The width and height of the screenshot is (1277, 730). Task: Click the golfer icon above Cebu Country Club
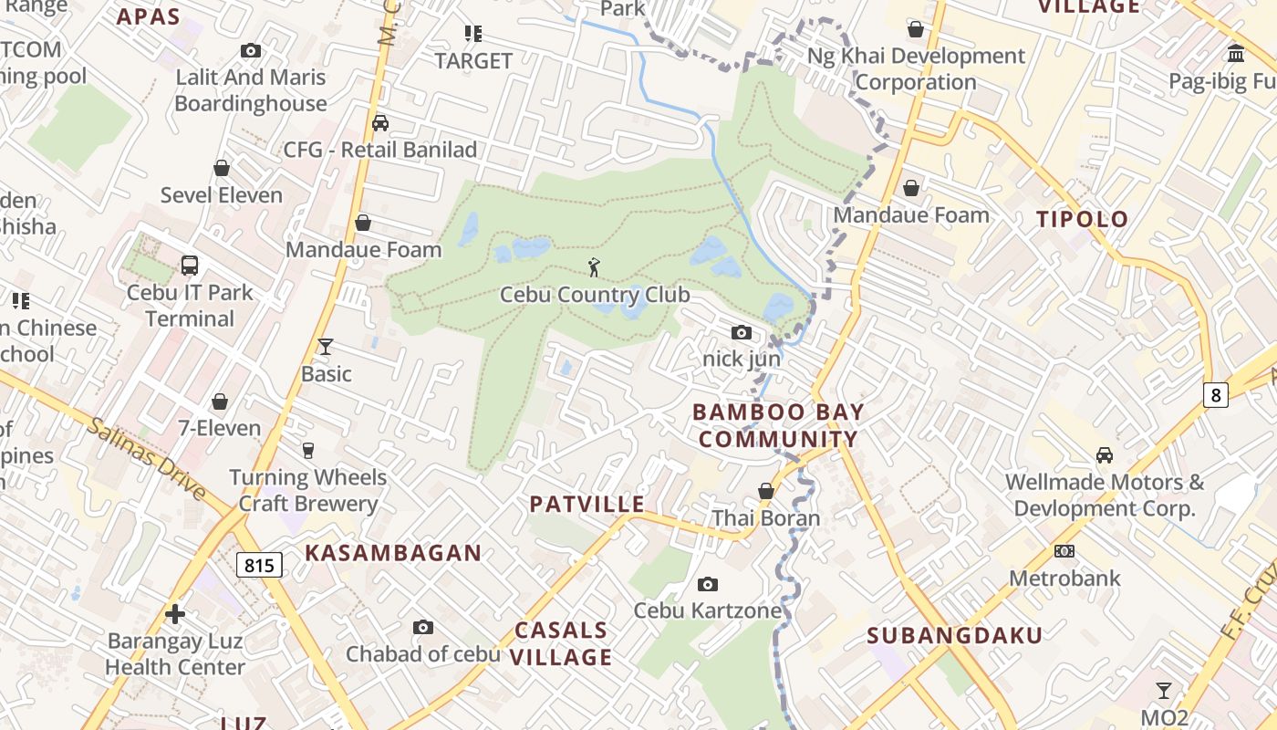[x=595, y=267]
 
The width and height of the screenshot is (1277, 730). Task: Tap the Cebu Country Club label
[x=595, y=296]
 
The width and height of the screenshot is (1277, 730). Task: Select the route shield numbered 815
[x=259, y=565]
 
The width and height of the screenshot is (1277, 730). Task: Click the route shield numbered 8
[x=1215, y=395]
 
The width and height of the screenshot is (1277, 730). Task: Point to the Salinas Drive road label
[x=147, y=458]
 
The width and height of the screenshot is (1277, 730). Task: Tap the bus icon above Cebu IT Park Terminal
[x=190, y=266]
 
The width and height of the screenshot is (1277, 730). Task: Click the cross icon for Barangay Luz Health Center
[x=175, y=614]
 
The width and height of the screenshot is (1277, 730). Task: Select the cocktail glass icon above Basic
[x=326, y=347]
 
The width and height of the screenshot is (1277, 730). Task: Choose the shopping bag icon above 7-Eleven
[x=220, y=401]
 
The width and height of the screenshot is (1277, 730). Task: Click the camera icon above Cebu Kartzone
[x=707, y=584]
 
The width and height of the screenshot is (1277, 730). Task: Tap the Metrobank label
[x=1064, y=578]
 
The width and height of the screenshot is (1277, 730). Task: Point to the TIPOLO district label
[x=1083, y=219]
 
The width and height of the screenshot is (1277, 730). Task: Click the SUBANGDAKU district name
[x=955, y=635]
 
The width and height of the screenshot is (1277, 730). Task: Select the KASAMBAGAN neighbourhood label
[x=393, y=553]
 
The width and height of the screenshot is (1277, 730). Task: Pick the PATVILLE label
[x=587, y=505]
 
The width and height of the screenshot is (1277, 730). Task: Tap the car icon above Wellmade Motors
[x=1104, y=454]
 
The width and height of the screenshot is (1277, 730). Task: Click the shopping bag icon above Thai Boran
[x=766, y=492]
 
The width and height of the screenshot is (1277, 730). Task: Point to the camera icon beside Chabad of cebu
[x=422, y=627]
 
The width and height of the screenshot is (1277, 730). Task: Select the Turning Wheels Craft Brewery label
[x=308, y=490]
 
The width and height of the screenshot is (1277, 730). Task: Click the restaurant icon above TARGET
[x=472, y=34]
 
